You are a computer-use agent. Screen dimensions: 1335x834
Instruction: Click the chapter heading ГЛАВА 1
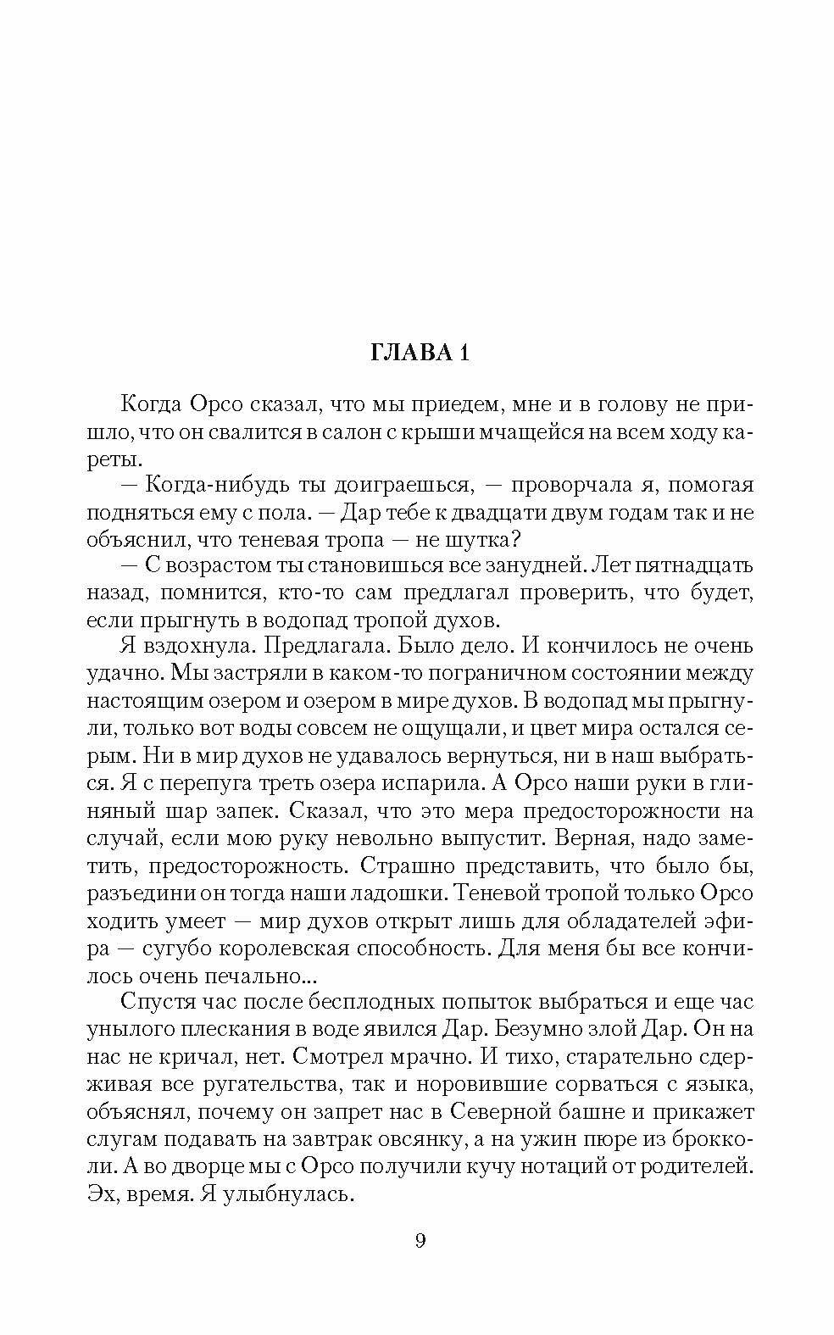(x=420, y=353)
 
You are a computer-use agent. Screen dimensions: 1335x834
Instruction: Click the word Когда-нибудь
(x=211, y=485)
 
